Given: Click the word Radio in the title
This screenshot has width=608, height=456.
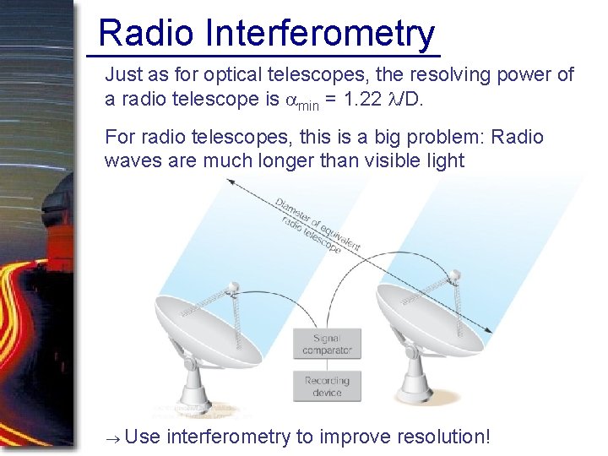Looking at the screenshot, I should click(146, 34).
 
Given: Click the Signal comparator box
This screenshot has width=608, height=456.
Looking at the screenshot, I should click(327, 344).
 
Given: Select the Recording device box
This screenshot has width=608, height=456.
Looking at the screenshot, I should click(327, 386).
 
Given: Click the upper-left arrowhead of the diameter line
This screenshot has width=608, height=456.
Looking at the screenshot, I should click(231, 183).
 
